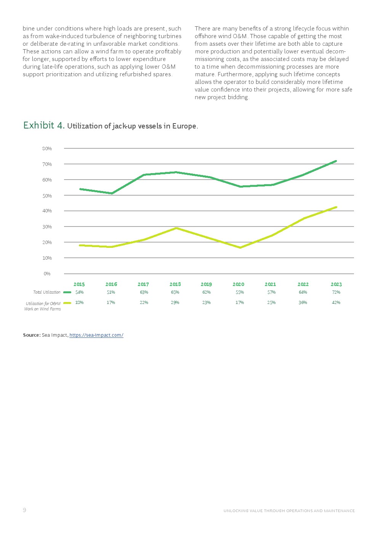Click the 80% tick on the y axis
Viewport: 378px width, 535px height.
pos(47,149)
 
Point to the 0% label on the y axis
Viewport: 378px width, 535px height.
pos(47,274)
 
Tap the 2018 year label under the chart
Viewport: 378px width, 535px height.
pos(175,284)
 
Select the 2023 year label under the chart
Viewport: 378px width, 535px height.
pos(336,284)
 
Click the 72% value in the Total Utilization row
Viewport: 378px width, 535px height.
pos(336,292)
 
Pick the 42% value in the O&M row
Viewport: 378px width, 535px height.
pos(336,303)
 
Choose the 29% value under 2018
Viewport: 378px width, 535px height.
pos(175,303)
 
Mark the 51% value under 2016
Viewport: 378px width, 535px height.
pos(111,292)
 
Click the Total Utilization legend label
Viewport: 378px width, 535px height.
pos(46,292)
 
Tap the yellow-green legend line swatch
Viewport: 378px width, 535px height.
pos(67,303)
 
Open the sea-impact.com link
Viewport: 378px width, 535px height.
pos(96,335)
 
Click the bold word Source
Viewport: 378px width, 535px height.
pos(31,335)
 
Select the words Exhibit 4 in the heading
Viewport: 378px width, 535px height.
pos(44,125)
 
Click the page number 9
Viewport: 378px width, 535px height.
pos(24,510)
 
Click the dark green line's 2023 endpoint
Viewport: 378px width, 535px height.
pos(336,161)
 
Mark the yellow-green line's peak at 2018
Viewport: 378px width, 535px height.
pos(176,228)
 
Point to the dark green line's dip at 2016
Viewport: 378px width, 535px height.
pos(112,193)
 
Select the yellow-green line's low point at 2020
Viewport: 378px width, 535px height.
pos(240,247)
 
